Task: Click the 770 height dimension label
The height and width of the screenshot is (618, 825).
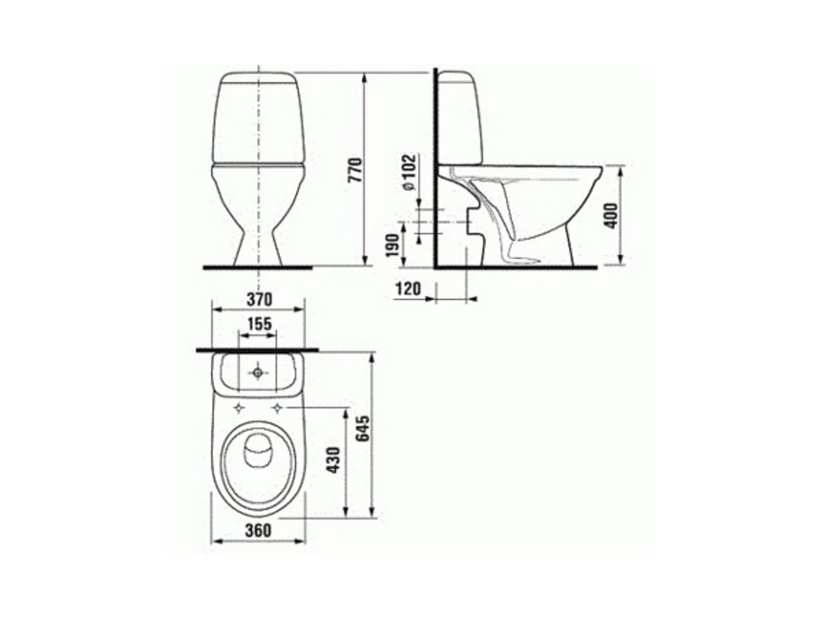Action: coord(355,169)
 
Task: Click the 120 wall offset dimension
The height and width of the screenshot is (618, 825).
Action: coord(408,289)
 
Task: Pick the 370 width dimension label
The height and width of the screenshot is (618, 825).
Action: coord(259,299)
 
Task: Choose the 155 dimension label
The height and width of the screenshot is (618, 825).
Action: coord(259,324)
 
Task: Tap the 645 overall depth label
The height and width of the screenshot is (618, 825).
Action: coord(363,428)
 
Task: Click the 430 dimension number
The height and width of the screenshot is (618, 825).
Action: coord(333,460)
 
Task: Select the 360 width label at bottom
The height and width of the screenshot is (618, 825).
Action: coord(258,530)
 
